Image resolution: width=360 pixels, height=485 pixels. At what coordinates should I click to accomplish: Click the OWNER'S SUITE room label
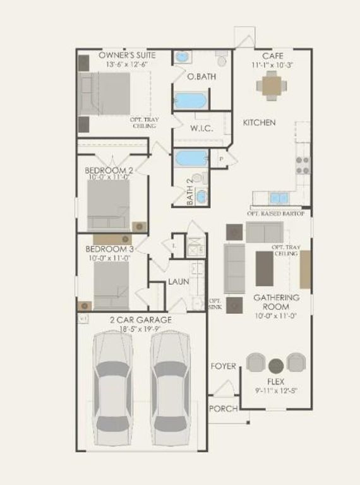click(x=127, y=56)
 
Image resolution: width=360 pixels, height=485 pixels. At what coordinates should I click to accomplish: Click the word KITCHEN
click(x=259, y=123)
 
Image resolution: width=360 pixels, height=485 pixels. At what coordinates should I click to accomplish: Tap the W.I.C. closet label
click(x=201, y=129)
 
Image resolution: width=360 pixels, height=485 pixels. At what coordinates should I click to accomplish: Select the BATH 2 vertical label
click(x=189, y=193)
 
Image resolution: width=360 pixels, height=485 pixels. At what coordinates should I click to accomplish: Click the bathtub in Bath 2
click(x=191, y=158)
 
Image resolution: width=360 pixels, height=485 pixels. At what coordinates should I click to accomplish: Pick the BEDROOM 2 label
click(x=109, y=171)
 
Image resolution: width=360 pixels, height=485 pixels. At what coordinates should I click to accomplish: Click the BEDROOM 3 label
click(x=109, y=248)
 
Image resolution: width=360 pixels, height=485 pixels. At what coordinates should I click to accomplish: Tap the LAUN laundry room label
click(x=178, y=282)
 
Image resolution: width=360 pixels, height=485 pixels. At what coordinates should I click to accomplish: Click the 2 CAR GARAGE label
click(x=140, y=320)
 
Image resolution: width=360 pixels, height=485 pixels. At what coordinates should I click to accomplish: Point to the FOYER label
click(x=224, y=366)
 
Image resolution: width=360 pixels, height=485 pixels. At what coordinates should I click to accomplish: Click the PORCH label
click(x=223, y=409)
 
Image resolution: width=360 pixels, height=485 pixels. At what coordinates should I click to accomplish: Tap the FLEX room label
click(x=277, y=381)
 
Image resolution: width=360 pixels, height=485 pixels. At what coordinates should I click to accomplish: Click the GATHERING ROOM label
click(x=277, y=302)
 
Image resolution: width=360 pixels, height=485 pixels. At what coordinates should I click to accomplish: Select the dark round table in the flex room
click(x=276, y=366)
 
